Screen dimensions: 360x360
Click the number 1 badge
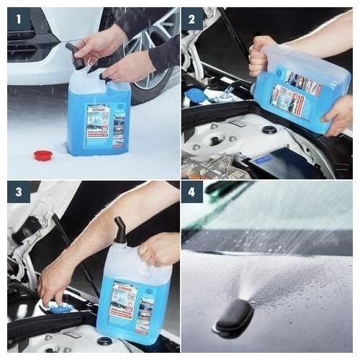point(19,19)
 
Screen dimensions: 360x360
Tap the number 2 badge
point(192,19)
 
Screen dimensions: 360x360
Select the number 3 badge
point(19,192)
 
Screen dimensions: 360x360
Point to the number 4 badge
point(192,192)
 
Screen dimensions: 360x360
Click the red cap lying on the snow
point(44,156)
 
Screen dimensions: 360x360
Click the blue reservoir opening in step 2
point(196,96)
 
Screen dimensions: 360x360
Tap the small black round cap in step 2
point(270,130)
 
